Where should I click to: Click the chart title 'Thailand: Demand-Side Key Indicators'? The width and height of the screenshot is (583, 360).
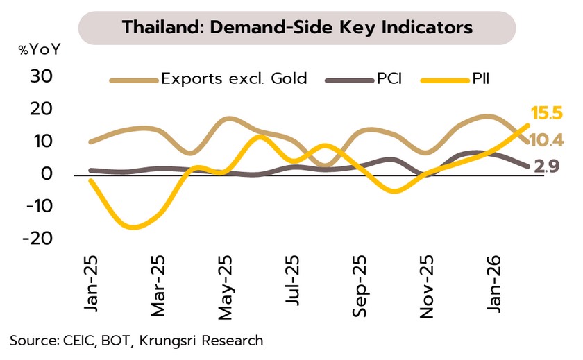point(297,28)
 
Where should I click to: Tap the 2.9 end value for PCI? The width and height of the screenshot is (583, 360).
point(548,166)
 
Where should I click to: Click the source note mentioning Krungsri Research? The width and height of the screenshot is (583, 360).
point(137,340)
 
